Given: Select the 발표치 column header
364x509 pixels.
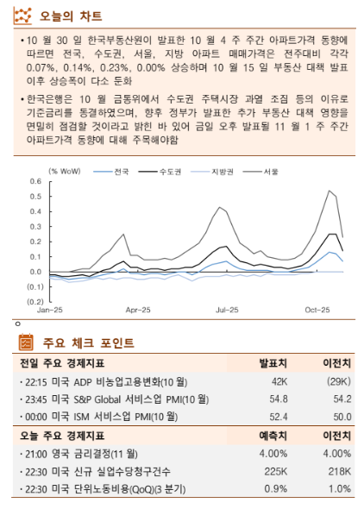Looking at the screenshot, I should tap(273, 362).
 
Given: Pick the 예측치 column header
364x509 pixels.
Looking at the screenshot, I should tap(273, 435).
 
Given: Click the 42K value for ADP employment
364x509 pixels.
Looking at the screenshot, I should tap(279, 381).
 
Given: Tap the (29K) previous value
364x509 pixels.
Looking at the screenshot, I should tap(336, 381).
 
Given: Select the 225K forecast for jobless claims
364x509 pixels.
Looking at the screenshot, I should tap(276, 471).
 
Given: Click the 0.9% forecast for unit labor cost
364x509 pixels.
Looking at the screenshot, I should tap(276, 489).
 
